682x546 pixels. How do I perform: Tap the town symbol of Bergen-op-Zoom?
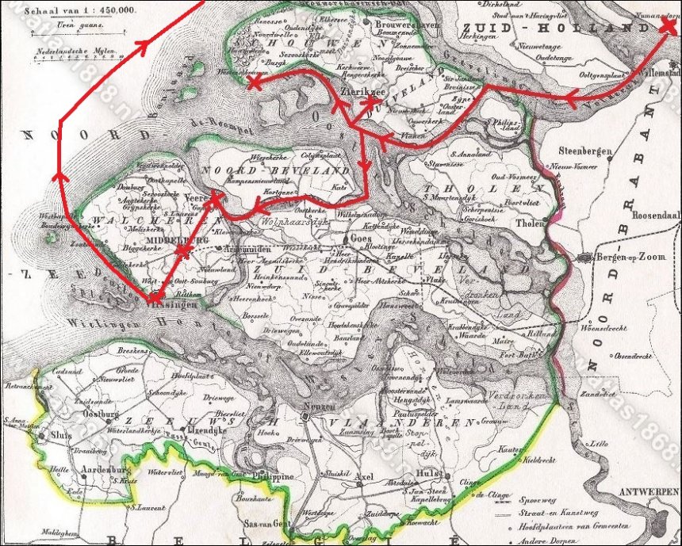click(585, 258)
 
